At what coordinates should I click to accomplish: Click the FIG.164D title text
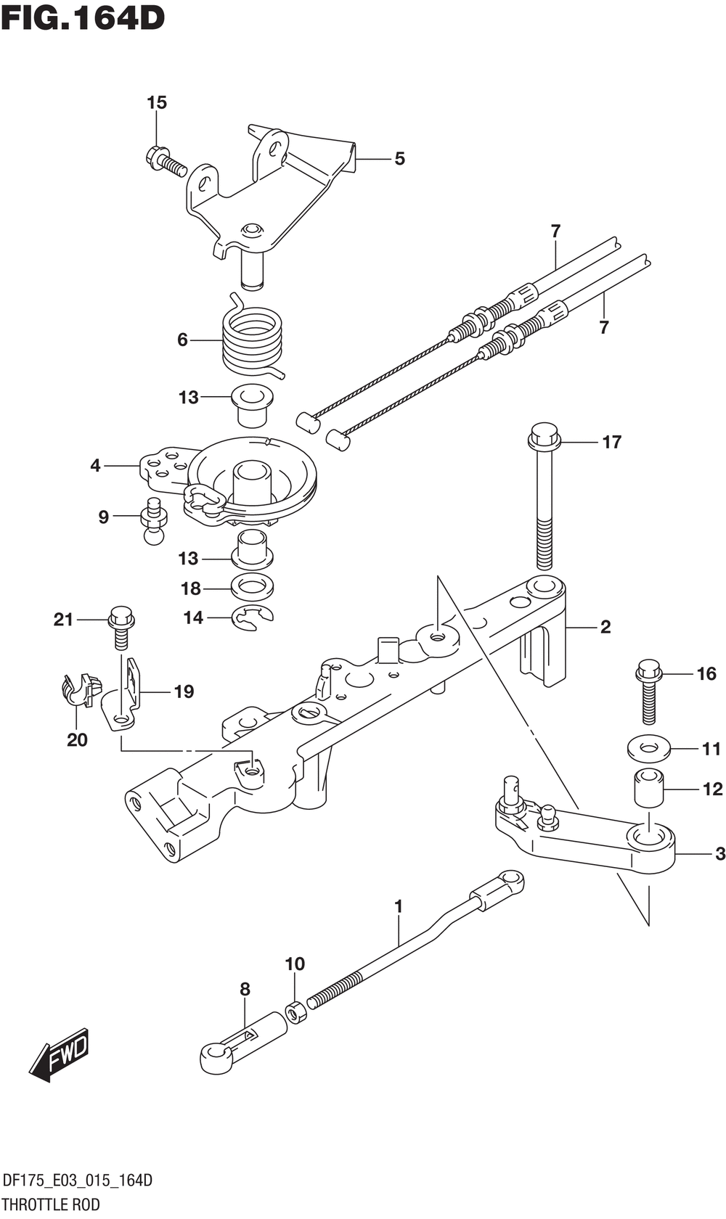pyautogui.click(x=83, y=17)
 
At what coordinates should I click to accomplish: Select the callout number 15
pyautogui.click(x=157, y=103)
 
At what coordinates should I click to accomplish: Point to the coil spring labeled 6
pyautogui.click(x=252, y=337)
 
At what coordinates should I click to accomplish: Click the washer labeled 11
pyautogui.click(x=649, y=747)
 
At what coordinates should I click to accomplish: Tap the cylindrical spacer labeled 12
pyautogui.click(x=649, y=788)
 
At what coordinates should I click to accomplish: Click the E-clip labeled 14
pyautogui.click(x=251, y=618)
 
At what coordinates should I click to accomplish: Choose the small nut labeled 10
pyautogui.click(x=295, y=1011)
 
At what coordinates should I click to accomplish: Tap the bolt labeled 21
pyautogui.click(x=121, y=628)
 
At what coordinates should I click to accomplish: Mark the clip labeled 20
pyautogui.click(x=79, y=689)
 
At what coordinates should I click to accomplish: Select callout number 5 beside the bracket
pyautogui.click(x=399, y=159)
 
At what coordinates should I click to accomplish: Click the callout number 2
pyautogui.click(x=605, y=627)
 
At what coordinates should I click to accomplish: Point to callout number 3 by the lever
pyautogui.click(x=719, y=854)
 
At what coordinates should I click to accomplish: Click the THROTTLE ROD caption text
pyautogui.click(x=51, y=1205)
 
